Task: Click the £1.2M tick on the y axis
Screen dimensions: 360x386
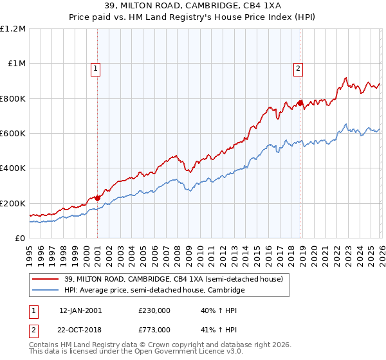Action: click(13, 29)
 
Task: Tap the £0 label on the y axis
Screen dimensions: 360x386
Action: click(19, 239)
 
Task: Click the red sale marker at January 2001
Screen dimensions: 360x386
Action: click(97, 198)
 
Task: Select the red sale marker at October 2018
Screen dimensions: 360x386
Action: click(300, 103)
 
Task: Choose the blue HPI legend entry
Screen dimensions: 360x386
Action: click(154, 291)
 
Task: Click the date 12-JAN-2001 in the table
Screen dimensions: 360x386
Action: click(80, 310)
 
